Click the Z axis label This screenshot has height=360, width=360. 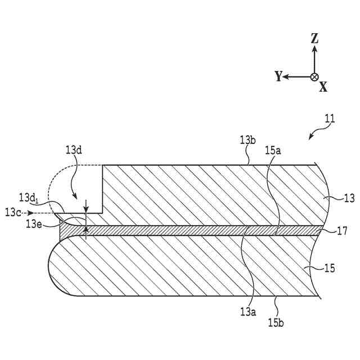click(x=315, y=38)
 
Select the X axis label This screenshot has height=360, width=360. click(x=323, y=86)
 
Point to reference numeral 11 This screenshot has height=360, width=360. click(x=330, y=119)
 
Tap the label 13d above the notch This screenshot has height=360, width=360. click(x=74, y=150)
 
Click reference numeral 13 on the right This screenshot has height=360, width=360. click(x=349, y=197)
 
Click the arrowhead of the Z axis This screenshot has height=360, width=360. click(x=314, y=49)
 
